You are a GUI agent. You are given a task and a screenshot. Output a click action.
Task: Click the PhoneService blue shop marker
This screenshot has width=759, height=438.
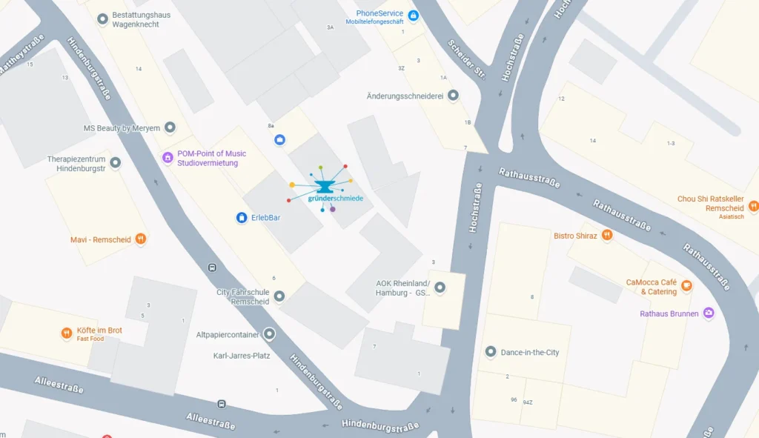pos(414,16)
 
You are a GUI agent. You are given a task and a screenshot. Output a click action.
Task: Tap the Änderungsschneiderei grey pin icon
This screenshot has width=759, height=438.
pos(453,96)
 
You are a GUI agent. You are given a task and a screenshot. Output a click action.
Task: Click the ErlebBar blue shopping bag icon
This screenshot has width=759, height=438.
pos(241,217)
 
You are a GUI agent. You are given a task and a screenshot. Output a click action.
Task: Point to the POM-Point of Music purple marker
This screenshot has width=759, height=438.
pos(168,157)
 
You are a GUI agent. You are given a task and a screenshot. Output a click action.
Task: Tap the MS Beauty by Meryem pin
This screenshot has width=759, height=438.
pos(170,127)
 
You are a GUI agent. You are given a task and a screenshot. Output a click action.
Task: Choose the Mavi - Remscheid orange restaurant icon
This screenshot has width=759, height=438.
pos(140,239)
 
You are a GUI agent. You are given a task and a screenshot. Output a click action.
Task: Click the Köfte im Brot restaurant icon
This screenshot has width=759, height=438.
pos(67,334)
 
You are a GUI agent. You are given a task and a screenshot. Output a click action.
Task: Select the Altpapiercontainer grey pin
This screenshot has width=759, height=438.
pos(269,334)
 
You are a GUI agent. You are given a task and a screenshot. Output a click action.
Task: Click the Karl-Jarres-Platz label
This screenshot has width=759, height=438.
pos(242,355)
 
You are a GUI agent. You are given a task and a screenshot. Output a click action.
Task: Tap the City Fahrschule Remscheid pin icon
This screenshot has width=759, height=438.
pos(279,296)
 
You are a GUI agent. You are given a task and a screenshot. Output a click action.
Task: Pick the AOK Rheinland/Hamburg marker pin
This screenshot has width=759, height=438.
pos(440,288)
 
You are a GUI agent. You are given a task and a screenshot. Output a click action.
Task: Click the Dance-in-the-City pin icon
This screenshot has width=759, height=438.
pos(490,352)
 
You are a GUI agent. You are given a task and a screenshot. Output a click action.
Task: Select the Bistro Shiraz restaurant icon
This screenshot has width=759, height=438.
pos(607,235)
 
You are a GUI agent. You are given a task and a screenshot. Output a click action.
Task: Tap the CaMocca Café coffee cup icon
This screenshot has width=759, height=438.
pos(687,285)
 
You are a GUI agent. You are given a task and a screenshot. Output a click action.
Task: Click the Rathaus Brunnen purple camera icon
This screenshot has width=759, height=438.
pos(709,313)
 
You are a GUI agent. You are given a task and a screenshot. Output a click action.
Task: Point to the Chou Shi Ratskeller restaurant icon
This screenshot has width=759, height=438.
pos(753,205)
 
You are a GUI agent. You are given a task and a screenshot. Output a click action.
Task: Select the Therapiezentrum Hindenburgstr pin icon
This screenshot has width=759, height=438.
pos(115,163)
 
